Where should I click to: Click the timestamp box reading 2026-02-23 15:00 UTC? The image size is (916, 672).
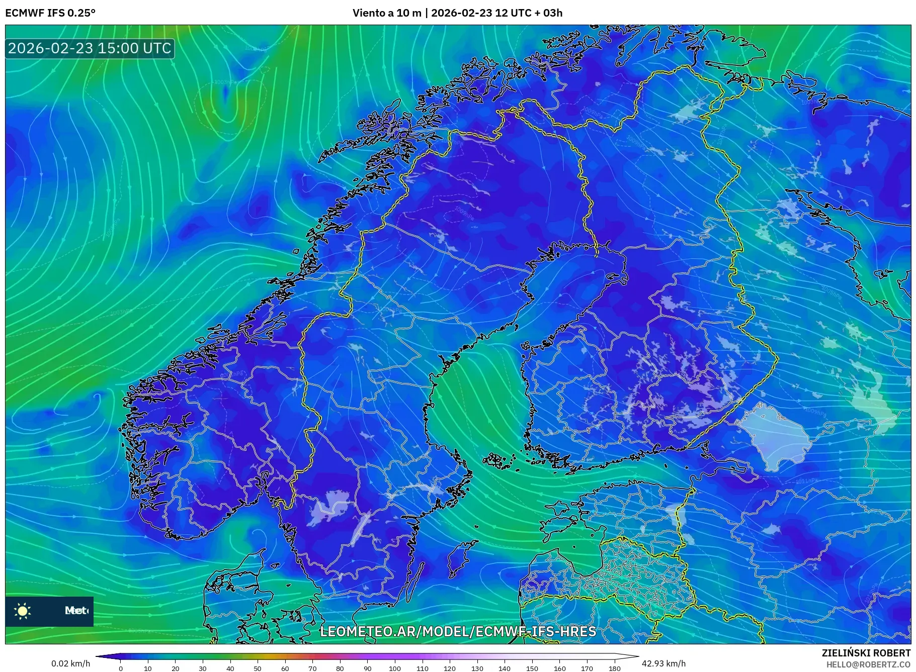90,48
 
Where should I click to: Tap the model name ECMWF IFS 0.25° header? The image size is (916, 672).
50,13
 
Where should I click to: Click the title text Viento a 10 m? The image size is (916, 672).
387,13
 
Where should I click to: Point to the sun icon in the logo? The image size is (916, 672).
23,611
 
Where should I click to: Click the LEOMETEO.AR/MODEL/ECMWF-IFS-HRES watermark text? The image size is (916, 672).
458,631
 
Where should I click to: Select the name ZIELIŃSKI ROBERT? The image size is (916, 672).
866,653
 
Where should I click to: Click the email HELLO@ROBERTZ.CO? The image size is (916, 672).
868,664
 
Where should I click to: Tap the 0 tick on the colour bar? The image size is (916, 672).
121,668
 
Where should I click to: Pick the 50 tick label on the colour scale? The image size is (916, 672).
258,668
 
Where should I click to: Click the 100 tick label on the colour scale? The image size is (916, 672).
395,668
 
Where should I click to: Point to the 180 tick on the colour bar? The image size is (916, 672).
614,668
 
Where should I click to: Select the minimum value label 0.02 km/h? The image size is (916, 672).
70,663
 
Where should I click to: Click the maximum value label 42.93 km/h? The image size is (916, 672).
663,663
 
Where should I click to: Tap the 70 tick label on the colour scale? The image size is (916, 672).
312,668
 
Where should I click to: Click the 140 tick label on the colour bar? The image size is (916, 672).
505,668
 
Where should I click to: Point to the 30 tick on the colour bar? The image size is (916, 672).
203,668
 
